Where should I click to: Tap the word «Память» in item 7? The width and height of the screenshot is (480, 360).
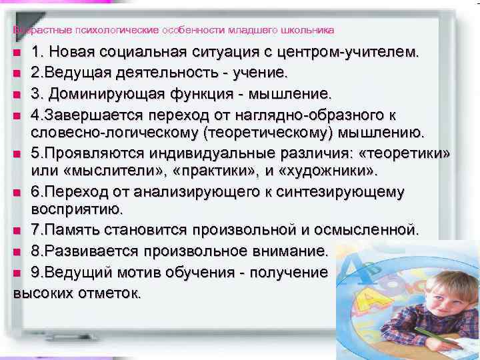(73, 231)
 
